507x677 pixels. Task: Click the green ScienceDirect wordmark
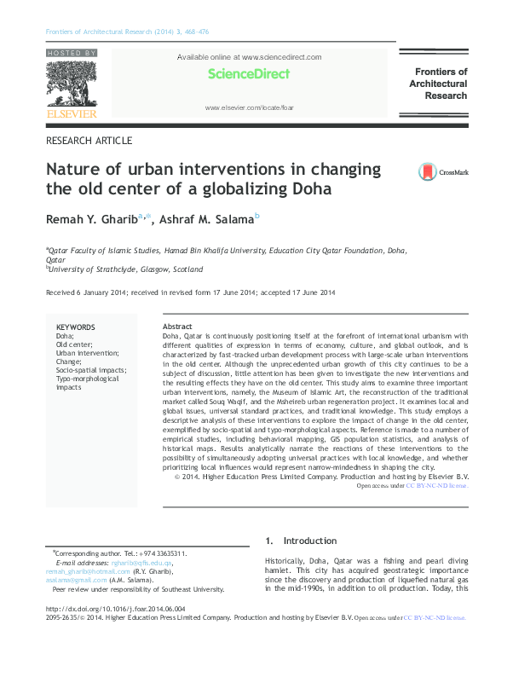point(249,74)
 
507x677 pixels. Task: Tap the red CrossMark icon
point(427,172)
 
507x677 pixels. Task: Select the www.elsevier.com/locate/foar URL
point(249,109)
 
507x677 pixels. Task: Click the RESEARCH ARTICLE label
point(89,140)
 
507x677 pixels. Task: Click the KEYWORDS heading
point(75,327)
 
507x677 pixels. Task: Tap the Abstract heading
point(177,327)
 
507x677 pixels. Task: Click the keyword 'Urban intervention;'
point(88,353)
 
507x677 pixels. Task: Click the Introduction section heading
point(311,541)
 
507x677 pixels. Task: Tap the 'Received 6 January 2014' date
point(84,293)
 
